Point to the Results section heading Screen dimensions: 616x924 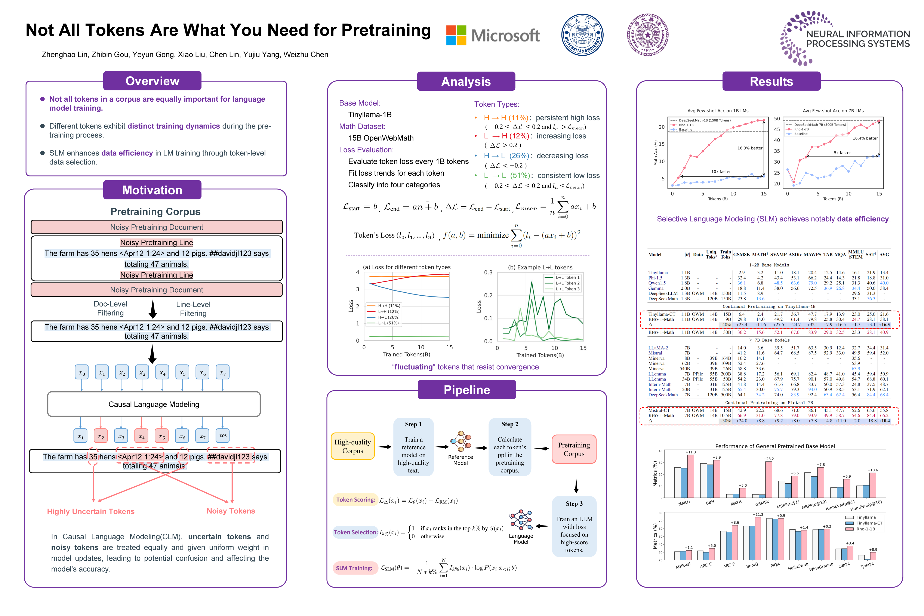771,81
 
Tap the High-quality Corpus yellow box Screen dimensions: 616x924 352,446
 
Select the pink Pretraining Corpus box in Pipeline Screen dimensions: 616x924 574,449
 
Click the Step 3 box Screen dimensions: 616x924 574,526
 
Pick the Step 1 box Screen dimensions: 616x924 413,447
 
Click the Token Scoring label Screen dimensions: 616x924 355,500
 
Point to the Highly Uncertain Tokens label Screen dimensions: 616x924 91,511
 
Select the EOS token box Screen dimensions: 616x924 223,436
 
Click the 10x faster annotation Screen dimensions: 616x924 721,172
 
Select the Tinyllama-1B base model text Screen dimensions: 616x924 370,115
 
